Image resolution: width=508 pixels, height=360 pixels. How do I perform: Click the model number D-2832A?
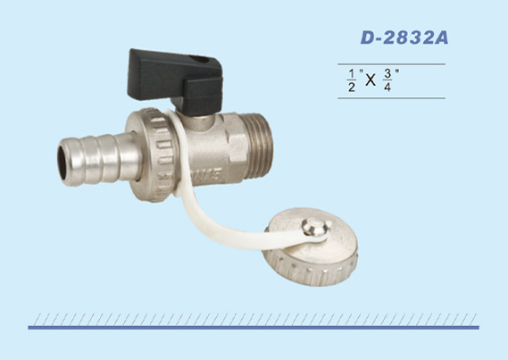coord(404,38)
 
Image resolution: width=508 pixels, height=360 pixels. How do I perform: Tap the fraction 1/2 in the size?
coord(351,80)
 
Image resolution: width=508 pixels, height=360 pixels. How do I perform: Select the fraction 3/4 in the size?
coord(387,80)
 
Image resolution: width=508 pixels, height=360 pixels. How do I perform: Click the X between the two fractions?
coord(371,80)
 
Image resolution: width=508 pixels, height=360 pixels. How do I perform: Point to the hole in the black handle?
coord(199,59)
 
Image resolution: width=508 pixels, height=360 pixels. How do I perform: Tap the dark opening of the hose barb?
coord(62,163)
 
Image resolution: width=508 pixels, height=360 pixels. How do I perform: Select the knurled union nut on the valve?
coord(153,155)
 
